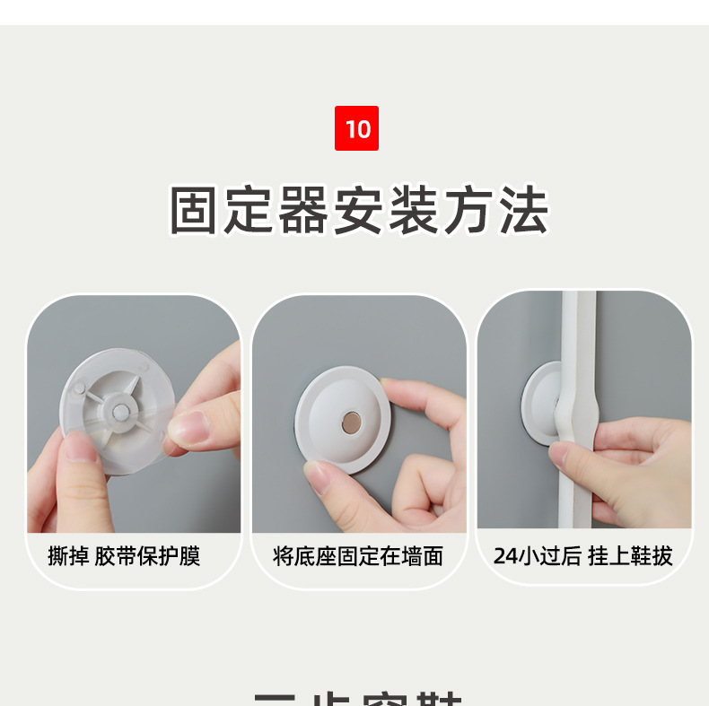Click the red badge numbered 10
pos(356,128)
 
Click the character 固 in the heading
pos(197,211)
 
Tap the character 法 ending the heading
pos(523,211)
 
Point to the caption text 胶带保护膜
pos(148,556)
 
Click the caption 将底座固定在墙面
pos(358,556)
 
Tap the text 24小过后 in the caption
pos(537,556)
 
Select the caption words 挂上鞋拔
pos(630,556)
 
